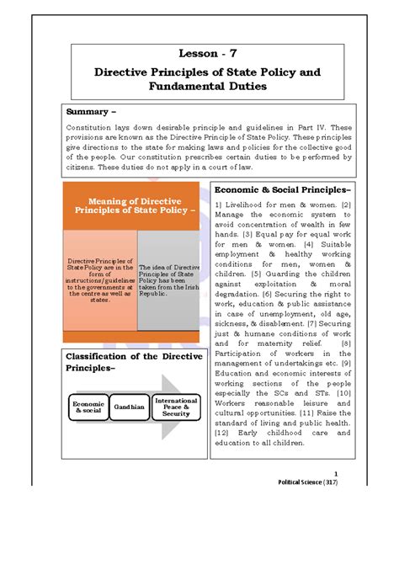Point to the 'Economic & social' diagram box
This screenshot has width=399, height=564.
88,407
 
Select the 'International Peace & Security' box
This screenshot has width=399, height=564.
176,407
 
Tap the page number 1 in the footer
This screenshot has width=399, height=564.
335,474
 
